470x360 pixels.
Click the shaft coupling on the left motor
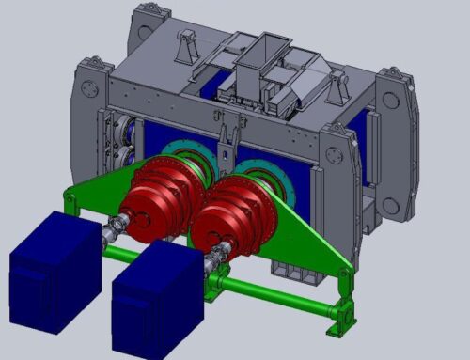118,226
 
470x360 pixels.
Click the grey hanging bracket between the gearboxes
225,147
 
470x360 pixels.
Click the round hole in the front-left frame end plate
88,90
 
